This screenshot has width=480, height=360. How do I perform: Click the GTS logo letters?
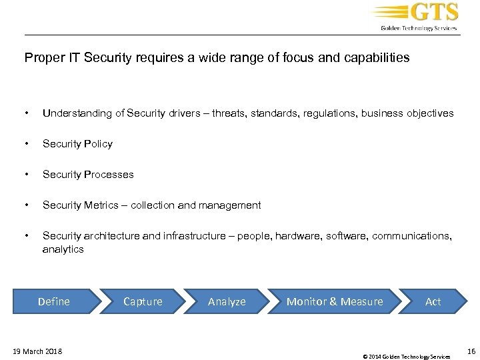click(x=435, y=13)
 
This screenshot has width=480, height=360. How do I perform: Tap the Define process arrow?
click(x=54, y=301)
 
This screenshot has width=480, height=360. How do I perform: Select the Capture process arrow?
click(x=143, y=301)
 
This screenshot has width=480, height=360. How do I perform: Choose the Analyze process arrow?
click(x=227, y=301)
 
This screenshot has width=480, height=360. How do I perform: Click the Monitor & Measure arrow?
click(x=335, y=301)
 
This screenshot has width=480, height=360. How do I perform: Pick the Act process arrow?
click(x=433, y=301)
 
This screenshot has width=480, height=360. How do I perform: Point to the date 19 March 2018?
click(x=37, y=351)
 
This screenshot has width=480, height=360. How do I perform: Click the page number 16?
click(x=471, y=351)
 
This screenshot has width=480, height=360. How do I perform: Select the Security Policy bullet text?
click(x=77, y=144)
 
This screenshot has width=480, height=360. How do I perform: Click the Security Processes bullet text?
click(x=88, y=175)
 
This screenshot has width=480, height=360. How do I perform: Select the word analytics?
click(x=63, y=249)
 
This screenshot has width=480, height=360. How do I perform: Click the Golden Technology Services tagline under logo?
click(x=419, y=28)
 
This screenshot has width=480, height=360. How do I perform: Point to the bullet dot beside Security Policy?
click(x=26, y=144)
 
